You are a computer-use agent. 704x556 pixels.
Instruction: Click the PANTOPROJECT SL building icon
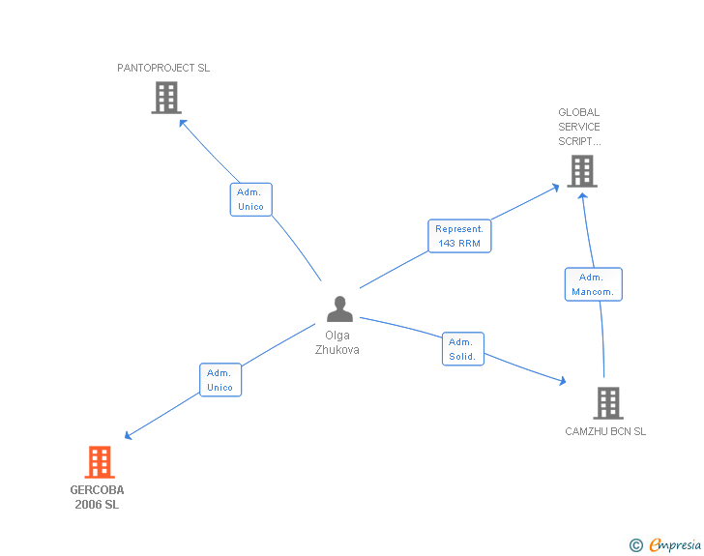coord(166,97)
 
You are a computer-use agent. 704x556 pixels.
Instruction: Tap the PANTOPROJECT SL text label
coord(163,69)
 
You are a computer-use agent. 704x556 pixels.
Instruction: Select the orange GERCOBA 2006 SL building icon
coord(100,462)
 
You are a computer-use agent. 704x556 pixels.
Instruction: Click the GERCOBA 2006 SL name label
coord(97,497)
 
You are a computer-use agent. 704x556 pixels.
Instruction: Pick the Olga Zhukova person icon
coord(339,308)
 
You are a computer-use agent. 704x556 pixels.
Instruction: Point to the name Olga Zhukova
coord(337,342)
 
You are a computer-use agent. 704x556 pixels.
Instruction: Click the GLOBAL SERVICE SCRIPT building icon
coord(581,170)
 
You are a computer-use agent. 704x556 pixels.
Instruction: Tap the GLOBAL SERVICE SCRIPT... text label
coord(579,127)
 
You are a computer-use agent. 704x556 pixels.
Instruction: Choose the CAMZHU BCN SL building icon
coord(607,402)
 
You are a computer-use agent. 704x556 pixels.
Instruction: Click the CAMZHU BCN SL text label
coord(605,431)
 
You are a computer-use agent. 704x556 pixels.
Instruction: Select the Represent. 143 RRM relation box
coord(459,236)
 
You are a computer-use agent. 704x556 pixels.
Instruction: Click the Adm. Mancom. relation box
coord(593,284)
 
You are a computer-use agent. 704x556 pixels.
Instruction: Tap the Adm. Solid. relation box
coord(462,348)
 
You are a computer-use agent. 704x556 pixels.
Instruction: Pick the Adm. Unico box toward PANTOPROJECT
coord(250,199)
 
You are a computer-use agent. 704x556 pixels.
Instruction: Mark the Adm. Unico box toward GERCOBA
coord(220,380)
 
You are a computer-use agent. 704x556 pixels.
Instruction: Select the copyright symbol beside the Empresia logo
coord(635,546)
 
